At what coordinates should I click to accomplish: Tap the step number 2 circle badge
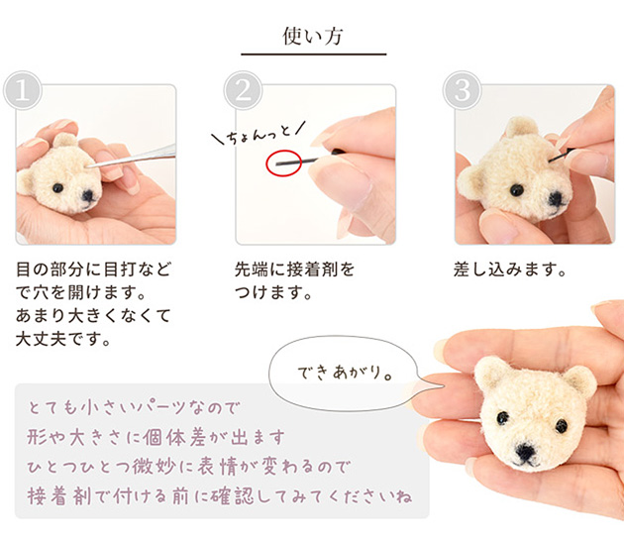click(x=242, y=91)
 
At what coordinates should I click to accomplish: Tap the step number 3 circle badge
click(x=461, y=91)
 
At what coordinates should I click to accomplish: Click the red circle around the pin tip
click(x=283, y=162)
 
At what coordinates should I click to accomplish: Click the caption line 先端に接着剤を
click(x=293, y=270)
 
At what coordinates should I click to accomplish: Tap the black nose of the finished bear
click(x=526, y=455)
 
